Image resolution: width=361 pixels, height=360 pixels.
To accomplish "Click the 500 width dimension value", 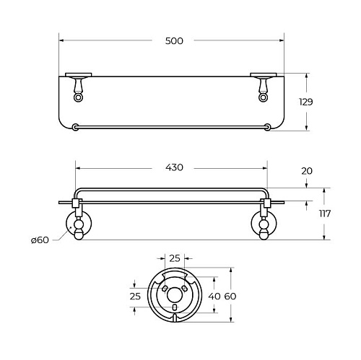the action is (174, 41).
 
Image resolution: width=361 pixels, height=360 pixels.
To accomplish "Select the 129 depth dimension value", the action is (306, 102).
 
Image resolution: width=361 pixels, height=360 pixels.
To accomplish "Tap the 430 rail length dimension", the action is (174, 167).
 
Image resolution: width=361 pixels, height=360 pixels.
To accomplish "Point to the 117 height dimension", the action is (325, 214).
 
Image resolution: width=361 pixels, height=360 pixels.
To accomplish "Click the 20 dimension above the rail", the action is (307, 171).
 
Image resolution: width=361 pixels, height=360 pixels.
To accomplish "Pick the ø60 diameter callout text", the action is (40, 240).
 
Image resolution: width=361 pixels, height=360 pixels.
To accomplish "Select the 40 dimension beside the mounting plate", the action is (214, 296).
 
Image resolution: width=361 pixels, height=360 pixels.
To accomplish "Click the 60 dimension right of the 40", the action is (230, 296).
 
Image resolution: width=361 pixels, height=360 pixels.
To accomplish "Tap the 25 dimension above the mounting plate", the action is (175, 258).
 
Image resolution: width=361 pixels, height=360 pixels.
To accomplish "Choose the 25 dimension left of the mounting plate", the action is (135, 296).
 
